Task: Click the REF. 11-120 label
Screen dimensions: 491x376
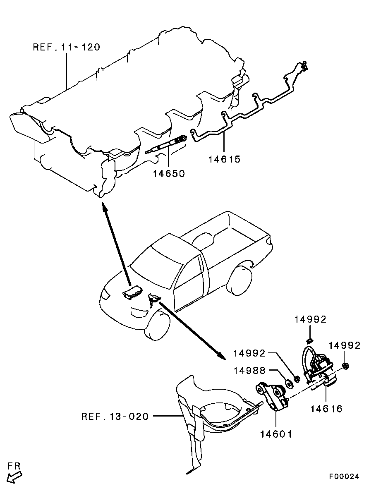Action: pyautogui.click(x=66, y=47)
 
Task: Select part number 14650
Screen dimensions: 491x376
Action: pyautogui.click(x=169, y=173)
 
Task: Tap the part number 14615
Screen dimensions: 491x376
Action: pyautogui.click(x=224, y=159)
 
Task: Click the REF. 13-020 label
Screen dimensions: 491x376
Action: pyautogui.click(x=115, y=416)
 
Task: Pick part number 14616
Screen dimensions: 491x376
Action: pyautogui.click(x=327, y=409)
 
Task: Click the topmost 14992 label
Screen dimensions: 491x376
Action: pyautogui.click(x=310, y=319)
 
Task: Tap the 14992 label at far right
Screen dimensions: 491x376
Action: pyautogui.click(x=345, y=345)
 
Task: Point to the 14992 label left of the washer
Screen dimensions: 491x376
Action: pyautogui.click(x=249, y=353)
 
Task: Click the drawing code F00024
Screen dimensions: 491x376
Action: pyautogui.click(x=344, y=477)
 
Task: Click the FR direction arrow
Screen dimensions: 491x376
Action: pyautogui.click(x=14, y=477)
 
